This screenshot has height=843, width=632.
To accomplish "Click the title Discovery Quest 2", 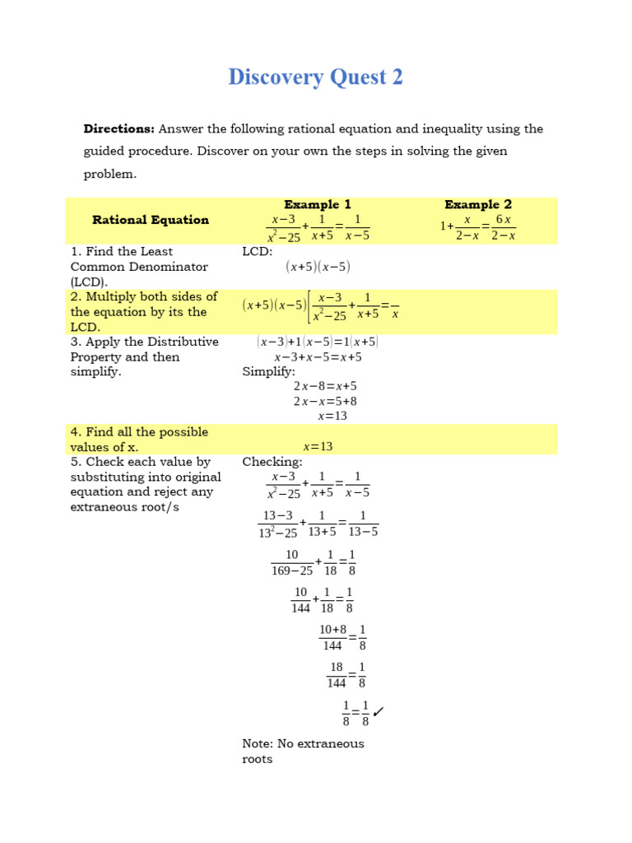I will click(316, 77).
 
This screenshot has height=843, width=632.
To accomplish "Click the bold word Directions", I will click(118, 128).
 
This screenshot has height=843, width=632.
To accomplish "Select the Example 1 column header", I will click(318, 204).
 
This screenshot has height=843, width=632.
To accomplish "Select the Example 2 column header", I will click(478, 204).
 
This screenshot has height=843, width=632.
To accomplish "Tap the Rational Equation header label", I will click(151, 220).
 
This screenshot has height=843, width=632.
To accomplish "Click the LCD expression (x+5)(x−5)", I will click(318, 266).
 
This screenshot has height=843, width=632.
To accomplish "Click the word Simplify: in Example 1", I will click(268, 371).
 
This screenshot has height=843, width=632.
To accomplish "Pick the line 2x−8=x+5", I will click(325, 386).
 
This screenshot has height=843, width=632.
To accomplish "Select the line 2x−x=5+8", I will click(325, 401).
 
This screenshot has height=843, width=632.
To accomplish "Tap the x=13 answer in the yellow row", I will click(318, 446).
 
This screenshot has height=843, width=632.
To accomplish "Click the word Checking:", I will click(272, 462).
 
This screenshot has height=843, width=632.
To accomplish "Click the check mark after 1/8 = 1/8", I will click(379, 710).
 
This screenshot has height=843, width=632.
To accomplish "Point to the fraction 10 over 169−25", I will click(292, 562).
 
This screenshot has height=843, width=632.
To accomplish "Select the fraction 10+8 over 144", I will click(332, 637).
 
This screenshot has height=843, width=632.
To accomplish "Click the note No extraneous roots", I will click(303, 751).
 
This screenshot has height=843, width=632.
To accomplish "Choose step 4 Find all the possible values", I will click(139, 439).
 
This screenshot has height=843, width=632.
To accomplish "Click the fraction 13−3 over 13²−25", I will click(277, 524).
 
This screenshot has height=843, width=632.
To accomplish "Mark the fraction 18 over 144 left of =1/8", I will click(337, 675).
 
